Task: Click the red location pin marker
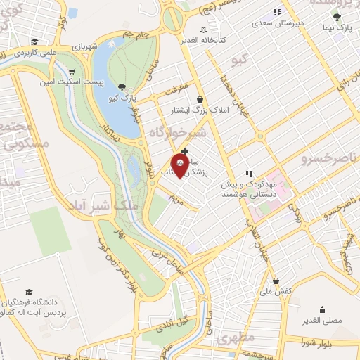point(180,168)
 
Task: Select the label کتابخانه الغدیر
point(205,40)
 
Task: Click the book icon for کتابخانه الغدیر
point(204,30)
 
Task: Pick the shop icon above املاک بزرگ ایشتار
point(201,100)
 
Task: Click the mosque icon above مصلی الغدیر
point(322,309)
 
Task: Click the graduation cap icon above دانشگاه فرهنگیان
point(29,292)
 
